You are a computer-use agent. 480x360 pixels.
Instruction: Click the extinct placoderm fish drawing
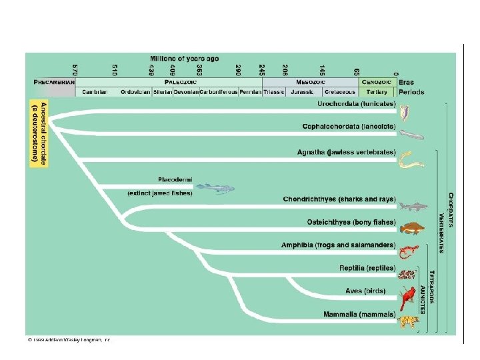coord(215,188)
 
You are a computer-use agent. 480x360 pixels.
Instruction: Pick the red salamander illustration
coord(407,252)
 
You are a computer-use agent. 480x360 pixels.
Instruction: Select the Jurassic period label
coord(303,92)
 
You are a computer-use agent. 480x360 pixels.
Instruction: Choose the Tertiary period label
coord(377,92)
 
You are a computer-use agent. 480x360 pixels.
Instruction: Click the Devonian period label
coord(185,92)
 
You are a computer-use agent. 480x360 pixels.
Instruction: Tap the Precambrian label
coord(55,81)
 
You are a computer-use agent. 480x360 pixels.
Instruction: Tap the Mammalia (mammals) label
coord(359,314)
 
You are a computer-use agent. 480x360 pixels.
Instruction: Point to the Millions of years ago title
coord(184,59)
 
